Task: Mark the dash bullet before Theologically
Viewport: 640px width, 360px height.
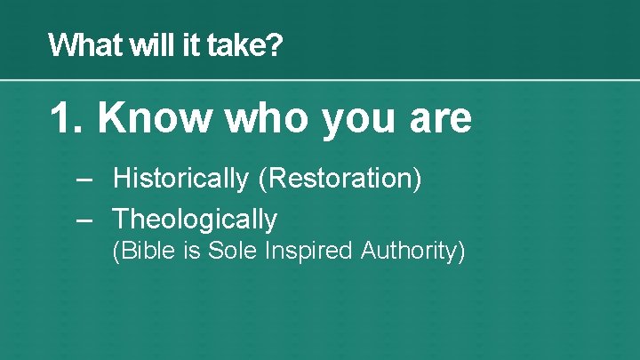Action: click(84, 219)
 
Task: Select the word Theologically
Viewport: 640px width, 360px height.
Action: click(196, 220)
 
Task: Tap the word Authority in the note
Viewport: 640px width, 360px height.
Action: click(410, 252)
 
